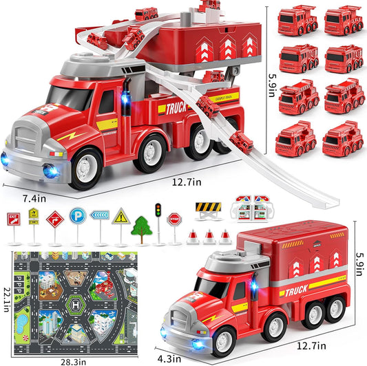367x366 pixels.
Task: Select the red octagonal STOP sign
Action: pyautogui.click(x=175, y=219)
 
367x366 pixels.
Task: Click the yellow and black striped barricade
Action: pyautogui.click(x=207, y=207)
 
